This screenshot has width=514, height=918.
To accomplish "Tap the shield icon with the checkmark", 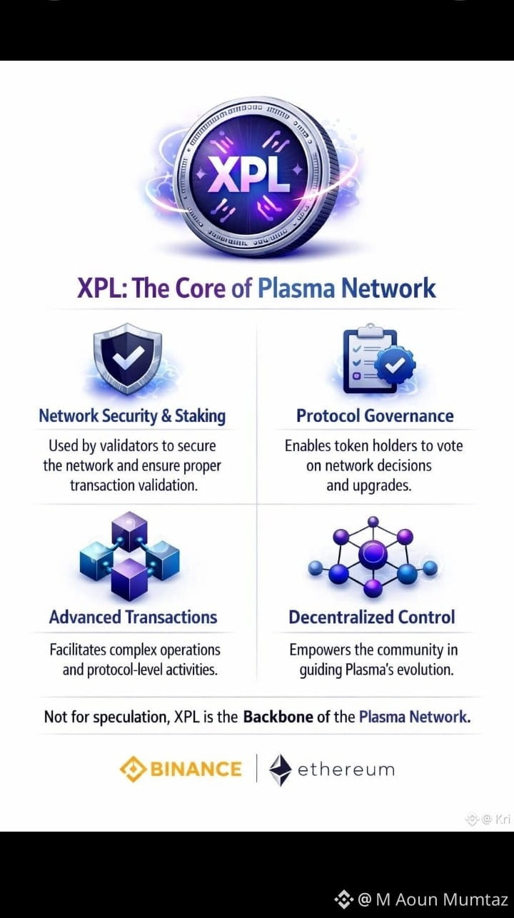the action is pos(128,358).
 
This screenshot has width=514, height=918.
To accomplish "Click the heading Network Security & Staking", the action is pos(132,416).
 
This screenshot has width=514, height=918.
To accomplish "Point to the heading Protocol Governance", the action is pos(375,415).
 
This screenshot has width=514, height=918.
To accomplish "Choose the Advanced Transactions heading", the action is pos(133,617).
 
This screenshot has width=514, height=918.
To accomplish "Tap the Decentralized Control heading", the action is pos(372,617).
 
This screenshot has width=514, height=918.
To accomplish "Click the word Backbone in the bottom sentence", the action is pos(278,717).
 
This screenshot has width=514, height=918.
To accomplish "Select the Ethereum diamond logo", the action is pos(281,770).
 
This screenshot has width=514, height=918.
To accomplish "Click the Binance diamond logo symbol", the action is pos(133,770).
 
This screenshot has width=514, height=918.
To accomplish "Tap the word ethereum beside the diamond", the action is pos(346,770).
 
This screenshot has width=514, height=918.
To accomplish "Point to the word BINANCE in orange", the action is pos(196,770).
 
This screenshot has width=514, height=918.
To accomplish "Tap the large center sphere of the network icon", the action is pos(373,555).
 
